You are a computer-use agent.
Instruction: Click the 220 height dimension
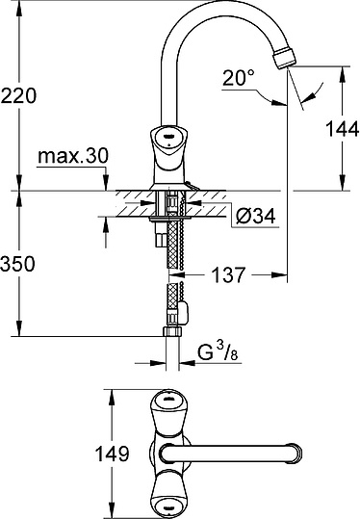coord(18,95)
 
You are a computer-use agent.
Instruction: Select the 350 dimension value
coord(18,264)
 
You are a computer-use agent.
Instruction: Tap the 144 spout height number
coord(342,129)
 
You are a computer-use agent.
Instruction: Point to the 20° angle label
coord(239,78)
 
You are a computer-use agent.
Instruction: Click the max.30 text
coord(73,156)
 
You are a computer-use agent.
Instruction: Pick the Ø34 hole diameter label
coord(255,217)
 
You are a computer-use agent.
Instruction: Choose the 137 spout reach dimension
coord(229,274)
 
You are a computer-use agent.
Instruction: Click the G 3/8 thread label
coord(218,352)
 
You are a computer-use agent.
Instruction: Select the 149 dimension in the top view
coord(112,454)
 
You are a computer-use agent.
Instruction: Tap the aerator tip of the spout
coord(285,58)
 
